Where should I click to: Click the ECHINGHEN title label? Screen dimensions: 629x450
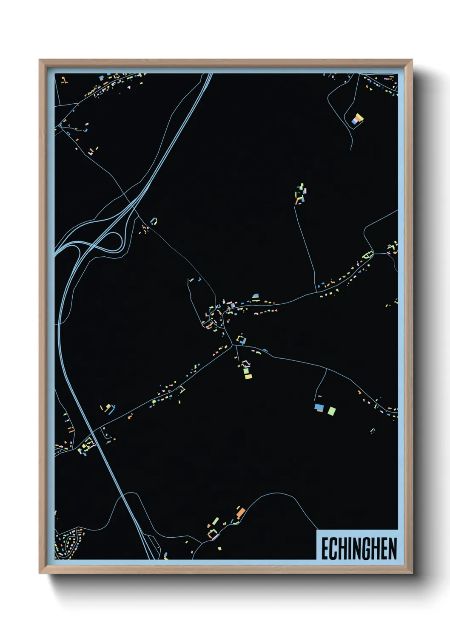[x=359, y=549]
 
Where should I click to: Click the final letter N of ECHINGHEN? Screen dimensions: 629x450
[x=393, y=549]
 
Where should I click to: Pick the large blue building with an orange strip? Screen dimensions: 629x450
[x=319, y=407]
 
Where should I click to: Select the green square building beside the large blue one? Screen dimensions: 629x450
[x=332, y=411]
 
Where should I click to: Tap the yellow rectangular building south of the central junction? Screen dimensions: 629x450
[x=248, y=376]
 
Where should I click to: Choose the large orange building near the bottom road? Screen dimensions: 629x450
[x=241, y=513]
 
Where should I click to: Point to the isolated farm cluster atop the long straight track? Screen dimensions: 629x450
[x=301, y=194]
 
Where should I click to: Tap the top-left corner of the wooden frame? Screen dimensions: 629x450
[x=40, y=60]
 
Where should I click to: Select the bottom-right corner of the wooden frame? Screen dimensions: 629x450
[x=412, y=573]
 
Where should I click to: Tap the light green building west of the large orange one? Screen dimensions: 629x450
[x=216, y=520]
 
